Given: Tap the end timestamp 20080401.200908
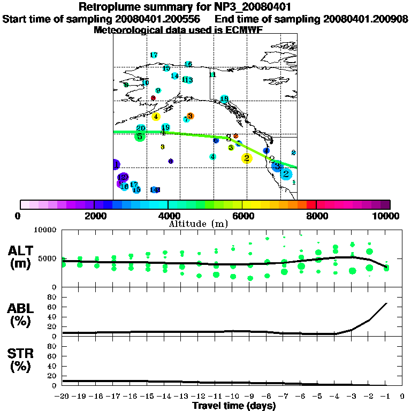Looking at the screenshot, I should (x=366, y=19).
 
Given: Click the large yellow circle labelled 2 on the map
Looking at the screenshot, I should (x=246, y=158).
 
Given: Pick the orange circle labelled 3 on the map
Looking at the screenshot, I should (x=190, y=116).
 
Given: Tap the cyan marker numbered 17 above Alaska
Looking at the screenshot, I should (x=154, y=55).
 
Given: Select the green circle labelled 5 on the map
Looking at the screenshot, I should (x=140, y=136).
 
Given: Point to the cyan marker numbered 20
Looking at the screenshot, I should (x=141, y=128).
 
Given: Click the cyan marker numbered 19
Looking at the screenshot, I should (x=166, y=127).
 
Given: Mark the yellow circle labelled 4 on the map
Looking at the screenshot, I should (x=156, y=117).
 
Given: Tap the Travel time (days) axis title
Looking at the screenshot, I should (x=234, y=406).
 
